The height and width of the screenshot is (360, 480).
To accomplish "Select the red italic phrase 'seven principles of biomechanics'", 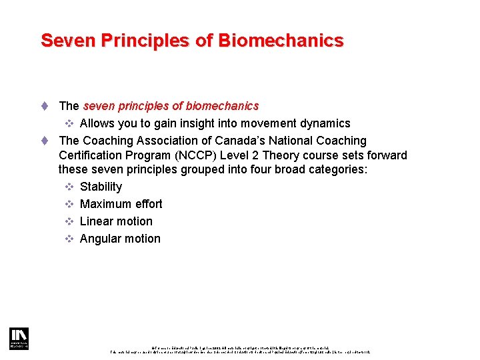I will point(171,106).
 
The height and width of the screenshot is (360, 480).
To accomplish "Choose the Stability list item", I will point(101,187).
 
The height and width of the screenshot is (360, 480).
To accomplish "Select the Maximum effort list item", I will point(121,204).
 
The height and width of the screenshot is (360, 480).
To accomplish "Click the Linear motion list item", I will point(116,221).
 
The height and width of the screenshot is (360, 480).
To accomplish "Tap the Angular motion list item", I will point(120,239).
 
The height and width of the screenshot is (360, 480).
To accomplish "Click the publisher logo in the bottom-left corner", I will point(18,338).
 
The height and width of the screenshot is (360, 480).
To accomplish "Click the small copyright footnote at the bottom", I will point(240,349).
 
